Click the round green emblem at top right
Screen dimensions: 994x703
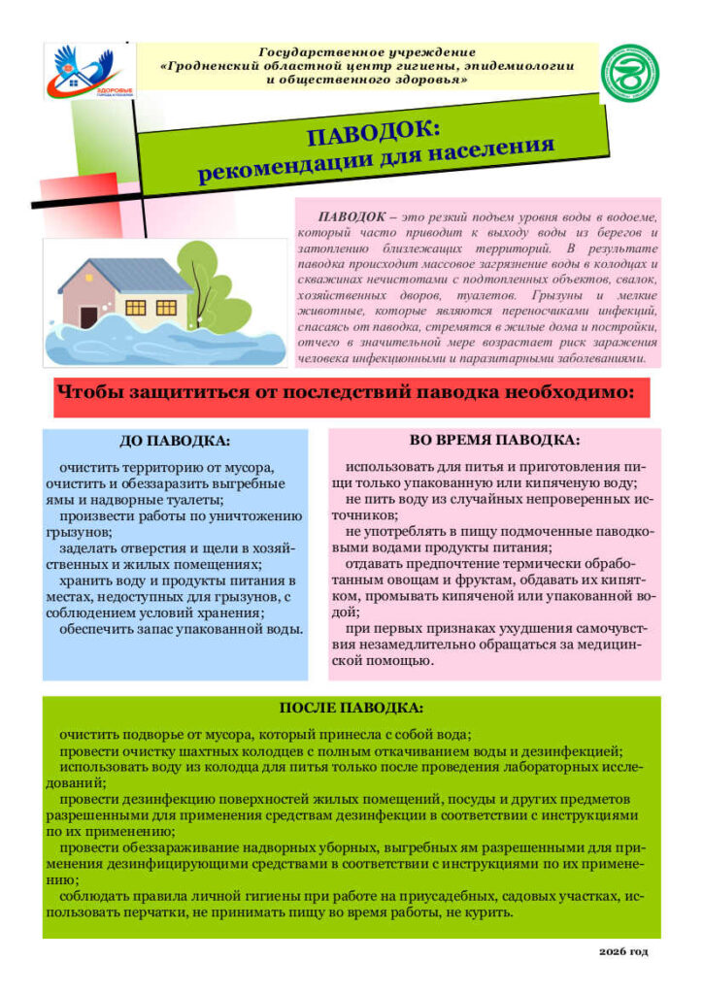point(629,73)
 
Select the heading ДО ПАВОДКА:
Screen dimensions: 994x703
point(176,440)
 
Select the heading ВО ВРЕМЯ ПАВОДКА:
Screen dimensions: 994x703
point(495,440)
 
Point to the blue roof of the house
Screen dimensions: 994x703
point(126,276)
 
